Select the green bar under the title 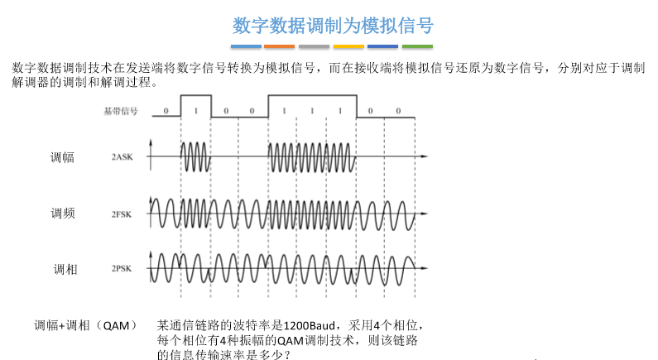tap(417, 46)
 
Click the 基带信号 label tap(120, 110)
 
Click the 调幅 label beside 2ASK tap(62, 156)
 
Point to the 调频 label tap(62, 213)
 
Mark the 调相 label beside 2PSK tap(65, 269)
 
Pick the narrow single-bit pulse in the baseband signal tap(195, 105)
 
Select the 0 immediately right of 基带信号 tap(166, 110)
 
